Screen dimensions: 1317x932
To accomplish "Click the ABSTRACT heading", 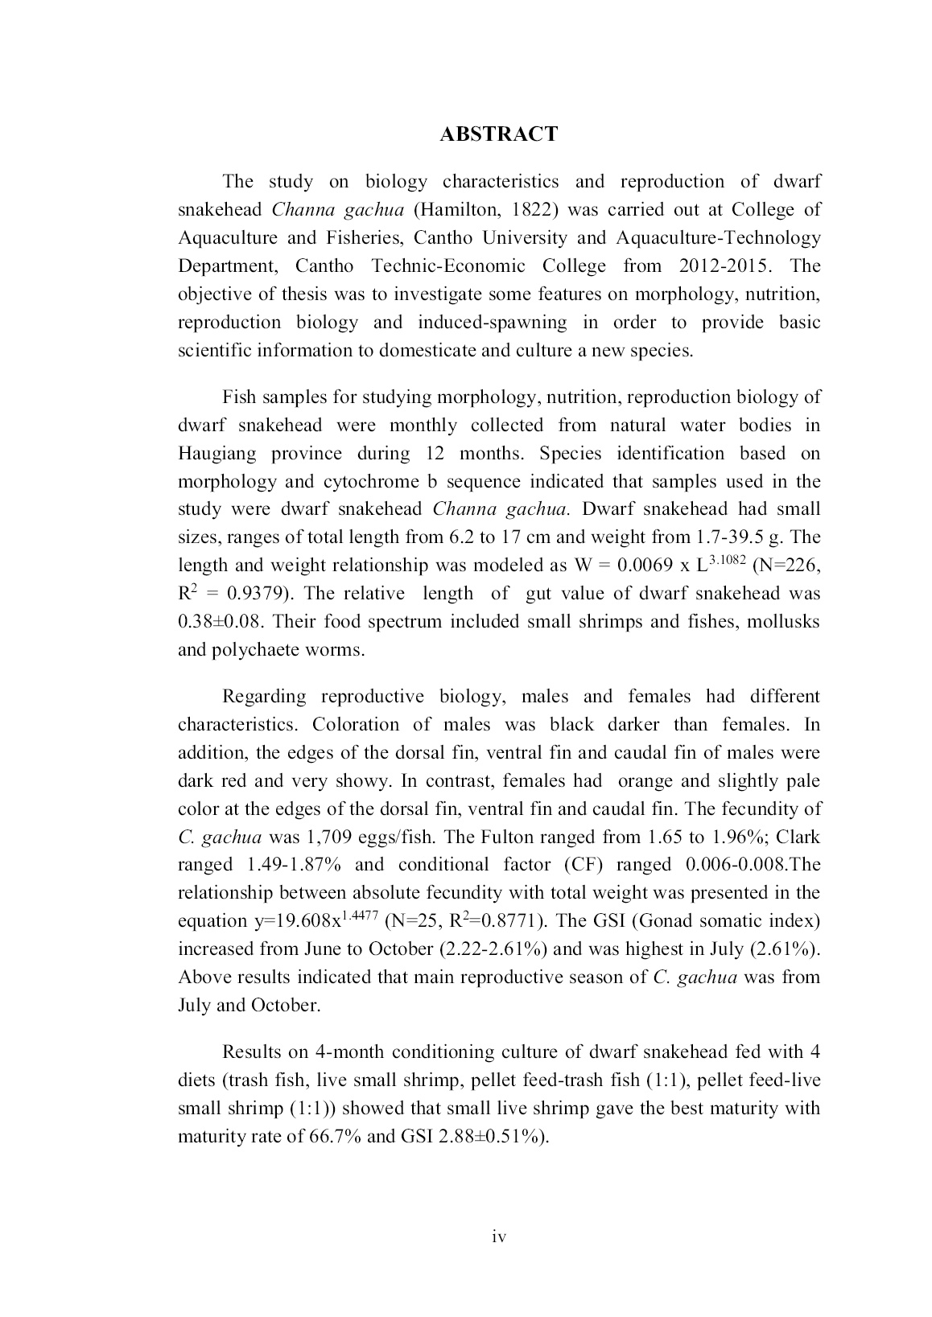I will tap(498, 134).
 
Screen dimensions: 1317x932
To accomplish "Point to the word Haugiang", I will tap(217, 454).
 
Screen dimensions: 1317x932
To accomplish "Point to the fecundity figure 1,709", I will tap(331, 838).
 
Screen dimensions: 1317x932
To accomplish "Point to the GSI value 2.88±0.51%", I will tap(490, 1138).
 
